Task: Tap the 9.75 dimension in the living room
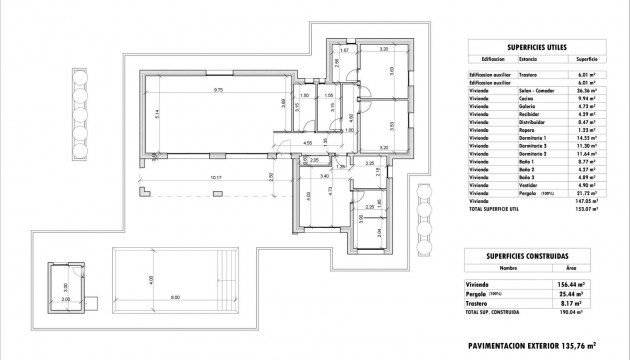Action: (x=216, y=91)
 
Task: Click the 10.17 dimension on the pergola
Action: (x=215, y=178)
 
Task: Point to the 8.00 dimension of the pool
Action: (x=174, y=297)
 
